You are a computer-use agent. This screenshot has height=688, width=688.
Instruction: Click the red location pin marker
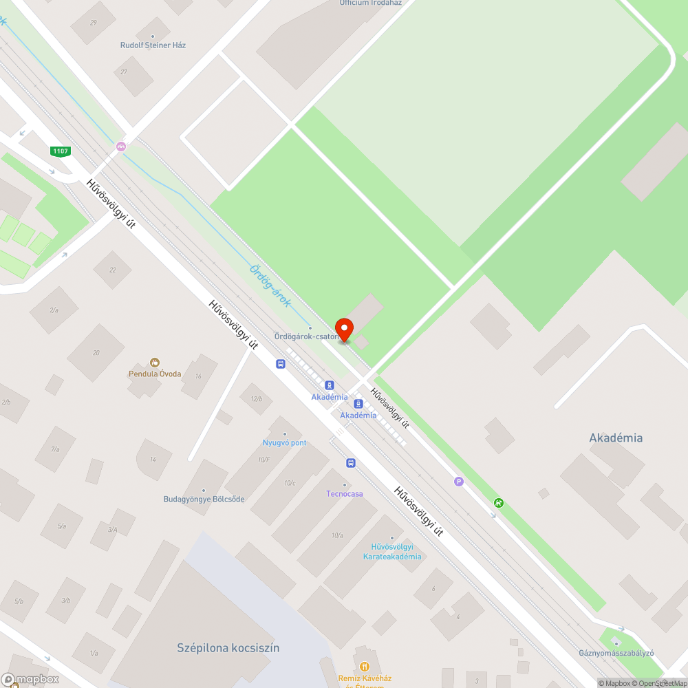coord(343,328)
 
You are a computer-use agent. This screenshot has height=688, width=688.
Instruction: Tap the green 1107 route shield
coord(61,151)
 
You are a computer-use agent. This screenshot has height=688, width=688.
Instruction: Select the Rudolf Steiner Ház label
coord(153,45)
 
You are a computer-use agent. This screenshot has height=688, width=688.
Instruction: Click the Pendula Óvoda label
coord(155,374)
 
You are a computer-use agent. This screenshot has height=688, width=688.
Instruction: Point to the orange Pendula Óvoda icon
coord(155,362)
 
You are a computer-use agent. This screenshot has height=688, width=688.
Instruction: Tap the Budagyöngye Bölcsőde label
coord(204,499)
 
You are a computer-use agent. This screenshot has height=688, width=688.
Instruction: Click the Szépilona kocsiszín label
coord(228,648)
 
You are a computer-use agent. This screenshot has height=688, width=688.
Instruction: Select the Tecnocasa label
coord(344,494)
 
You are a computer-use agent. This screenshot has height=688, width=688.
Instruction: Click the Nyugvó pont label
coord(284,442)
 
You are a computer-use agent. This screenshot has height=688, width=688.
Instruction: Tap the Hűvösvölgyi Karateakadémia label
coord(392,552)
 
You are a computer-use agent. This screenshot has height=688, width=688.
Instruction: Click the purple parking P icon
coord(459,482)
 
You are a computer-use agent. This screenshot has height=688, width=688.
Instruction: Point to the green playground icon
coord(498,503)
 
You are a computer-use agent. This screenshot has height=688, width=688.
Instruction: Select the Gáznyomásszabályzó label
coord(616,652)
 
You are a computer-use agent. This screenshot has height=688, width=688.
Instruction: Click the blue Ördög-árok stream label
coord(270,286)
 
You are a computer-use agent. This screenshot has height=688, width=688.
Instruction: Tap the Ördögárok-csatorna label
coord(306,336)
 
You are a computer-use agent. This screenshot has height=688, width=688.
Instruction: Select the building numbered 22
coord(113,270)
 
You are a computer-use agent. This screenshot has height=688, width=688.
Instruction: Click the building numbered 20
coord(96,353)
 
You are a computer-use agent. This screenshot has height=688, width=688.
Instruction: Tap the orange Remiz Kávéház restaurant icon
coord(365,666)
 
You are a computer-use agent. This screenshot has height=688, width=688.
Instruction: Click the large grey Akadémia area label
coord(616,438)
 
